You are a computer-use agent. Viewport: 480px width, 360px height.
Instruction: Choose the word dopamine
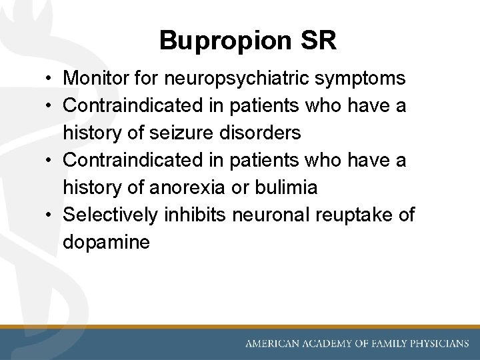pyautogui.click(x=107, y=243)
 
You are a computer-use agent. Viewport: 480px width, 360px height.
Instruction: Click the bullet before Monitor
pyautogui.click(x=51, y=79)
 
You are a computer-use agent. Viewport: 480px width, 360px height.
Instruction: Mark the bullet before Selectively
pyautogui.click(x=51, y=215)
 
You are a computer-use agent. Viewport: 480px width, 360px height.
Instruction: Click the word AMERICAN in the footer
pyautogui.click(x=273, y=344)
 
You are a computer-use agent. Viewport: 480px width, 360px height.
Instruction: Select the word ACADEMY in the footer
pyautogui.click(x=325, y=344)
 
